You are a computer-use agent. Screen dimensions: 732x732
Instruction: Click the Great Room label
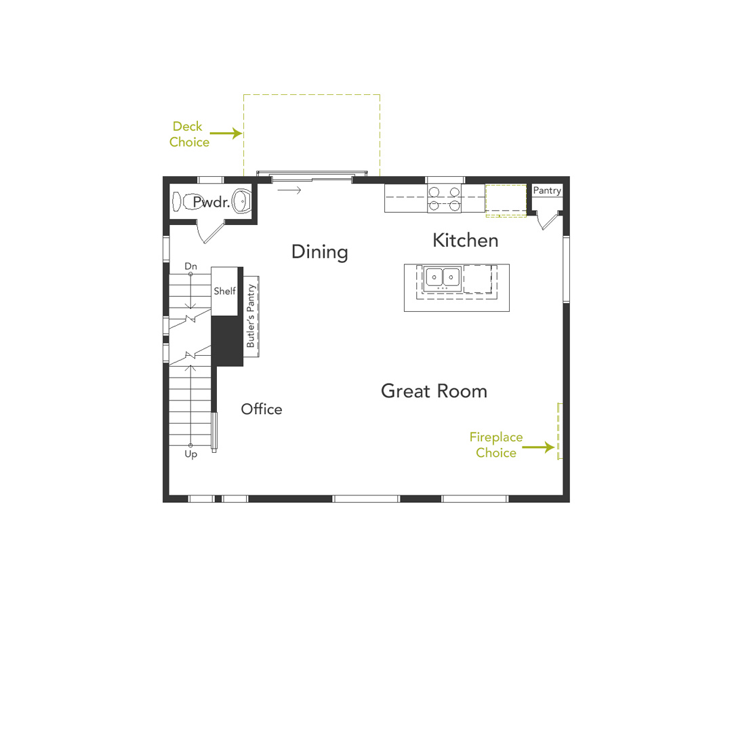point(434,391)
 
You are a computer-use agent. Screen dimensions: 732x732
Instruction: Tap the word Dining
point(319,252)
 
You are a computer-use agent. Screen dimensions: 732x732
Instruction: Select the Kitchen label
point(465,240)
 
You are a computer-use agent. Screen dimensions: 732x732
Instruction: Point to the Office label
point(262,409)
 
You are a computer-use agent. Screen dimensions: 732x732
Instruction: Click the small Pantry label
point(547,191)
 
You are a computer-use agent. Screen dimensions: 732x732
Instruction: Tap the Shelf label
point(225,291)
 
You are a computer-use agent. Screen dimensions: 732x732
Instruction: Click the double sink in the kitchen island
point(442,277)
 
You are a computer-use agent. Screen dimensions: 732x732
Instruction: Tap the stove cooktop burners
point(444,198)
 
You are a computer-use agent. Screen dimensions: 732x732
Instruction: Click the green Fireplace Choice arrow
point(540,447)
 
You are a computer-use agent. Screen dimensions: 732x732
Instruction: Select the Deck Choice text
point(188,134)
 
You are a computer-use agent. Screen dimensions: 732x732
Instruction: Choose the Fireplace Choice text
point(496,445)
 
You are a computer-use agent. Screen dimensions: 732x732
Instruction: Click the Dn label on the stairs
point(191,266)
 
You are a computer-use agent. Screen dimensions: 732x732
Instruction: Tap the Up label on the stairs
point(191,455)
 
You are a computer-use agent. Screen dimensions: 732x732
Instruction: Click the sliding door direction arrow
point(289,190)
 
